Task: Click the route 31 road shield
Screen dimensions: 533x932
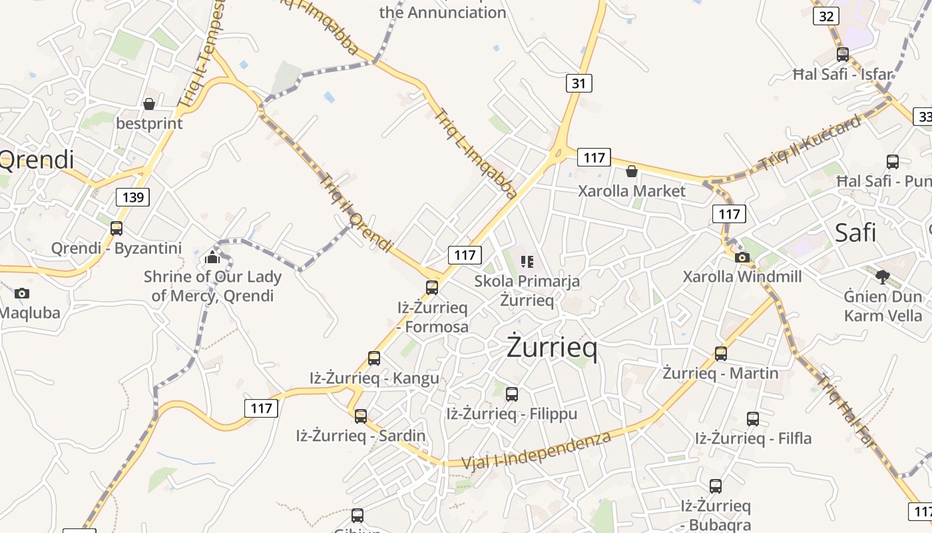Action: click(x=579, y=83)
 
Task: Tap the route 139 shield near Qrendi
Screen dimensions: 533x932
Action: click(x=132, y=197)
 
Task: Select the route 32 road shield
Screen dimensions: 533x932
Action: click(x=825, y=16)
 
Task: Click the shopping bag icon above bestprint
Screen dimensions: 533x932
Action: click(x=149, y=104)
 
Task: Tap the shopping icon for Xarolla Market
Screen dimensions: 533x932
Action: click(x=631, y=172)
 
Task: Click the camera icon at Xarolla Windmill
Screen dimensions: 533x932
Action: click(x=742, y=257)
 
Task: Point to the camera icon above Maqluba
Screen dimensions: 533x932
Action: click(x=22, y=293)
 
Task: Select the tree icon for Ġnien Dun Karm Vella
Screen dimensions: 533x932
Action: click(x=883, y=276)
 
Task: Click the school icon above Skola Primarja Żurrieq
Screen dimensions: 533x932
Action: click(x=527, y=261)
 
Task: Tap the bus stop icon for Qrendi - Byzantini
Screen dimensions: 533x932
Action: click(x=116, y=229)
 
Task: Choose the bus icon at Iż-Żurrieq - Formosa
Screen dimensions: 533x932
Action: click(x=432, y=288)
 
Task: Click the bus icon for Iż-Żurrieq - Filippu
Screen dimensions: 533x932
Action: click(x=511, y=394)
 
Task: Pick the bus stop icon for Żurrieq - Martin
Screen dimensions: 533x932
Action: click(x=720, y=353)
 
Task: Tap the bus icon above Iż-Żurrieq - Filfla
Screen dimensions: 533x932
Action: click(x=753, y=419)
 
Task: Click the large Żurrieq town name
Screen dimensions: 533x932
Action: click(x=552, y=347)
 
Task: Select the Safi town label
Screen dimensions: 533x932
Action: click(x=855, y=233)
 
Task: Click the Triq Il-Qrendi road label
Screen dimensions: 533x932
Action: click(x=355, y=213)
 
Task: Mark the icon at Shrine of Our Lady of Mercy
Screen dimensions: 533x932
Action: click(x=212, y=257)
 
